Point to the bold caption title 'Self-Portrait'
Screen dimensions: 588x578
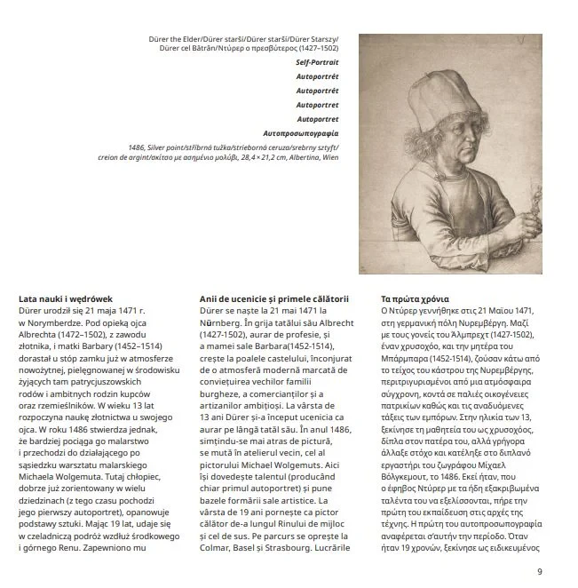(x=318, y=63)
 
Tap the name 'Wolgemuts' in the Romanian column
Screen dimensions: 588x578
(x=293, y=462)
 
